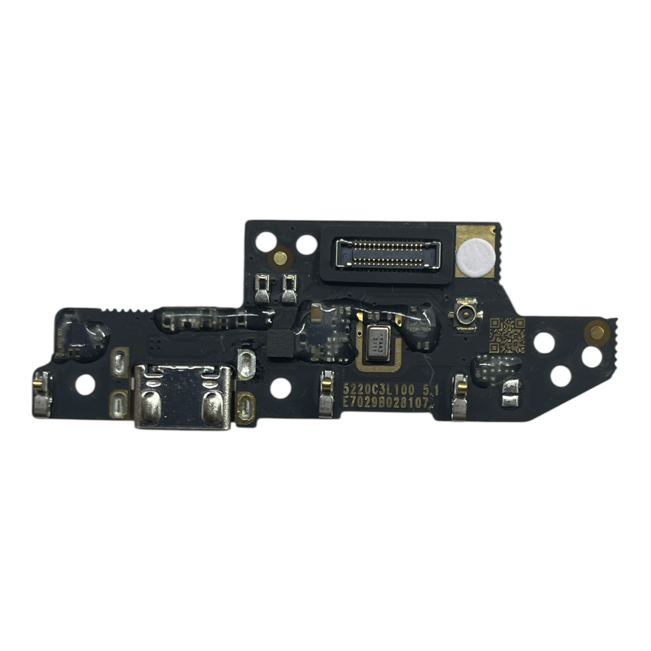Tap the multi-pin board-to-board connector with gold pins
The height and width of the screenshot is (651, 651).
tap(388, 253)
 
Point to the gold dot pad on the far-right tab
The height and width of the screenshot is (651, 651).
tap(597, 331)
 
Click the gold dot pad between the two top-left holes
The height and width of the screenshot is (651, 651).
tap(281, 257)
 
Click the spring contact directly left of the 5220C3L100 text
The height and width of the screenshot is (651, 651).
tap(325, 393)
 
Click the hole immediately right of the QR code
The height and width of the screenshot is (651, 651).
tap(544, 342)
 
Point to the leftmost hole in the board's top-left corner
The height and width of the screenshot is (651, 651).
tap(265, 242)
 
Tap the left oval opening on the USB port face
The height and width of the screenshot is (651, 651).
tap(150, 408)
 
